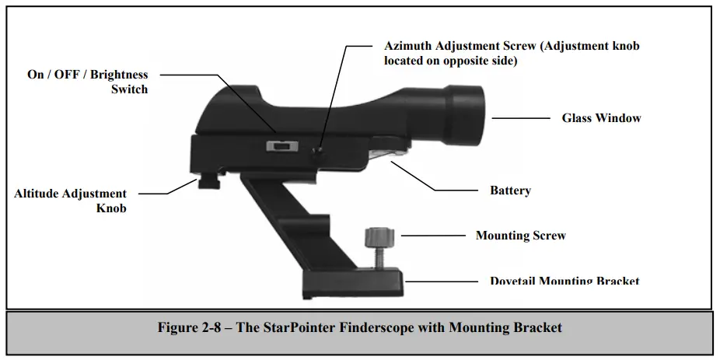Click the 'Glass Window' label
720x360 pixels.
[x=601, y=118]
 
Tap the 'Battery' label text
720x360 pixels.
[x=510, y=190]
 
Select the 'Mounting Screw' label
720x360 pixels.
[x=520, y=235]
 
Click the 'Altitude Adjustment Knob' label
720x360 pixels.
[x=70, y=201]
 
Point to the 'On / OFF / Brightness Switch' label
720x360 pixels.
[x=87, y=82]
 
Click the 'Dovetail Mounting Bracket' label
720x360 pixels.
[x=564, y=281]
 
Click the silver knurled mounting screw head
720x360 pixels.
[x=376, y=234]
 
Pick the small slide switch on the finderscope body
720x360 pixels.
[x=281, y=145]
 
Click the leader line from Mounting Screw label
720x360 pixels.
[x=427, y=235]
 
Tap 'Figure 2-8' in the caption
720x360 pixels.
[x=189, y=327]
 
